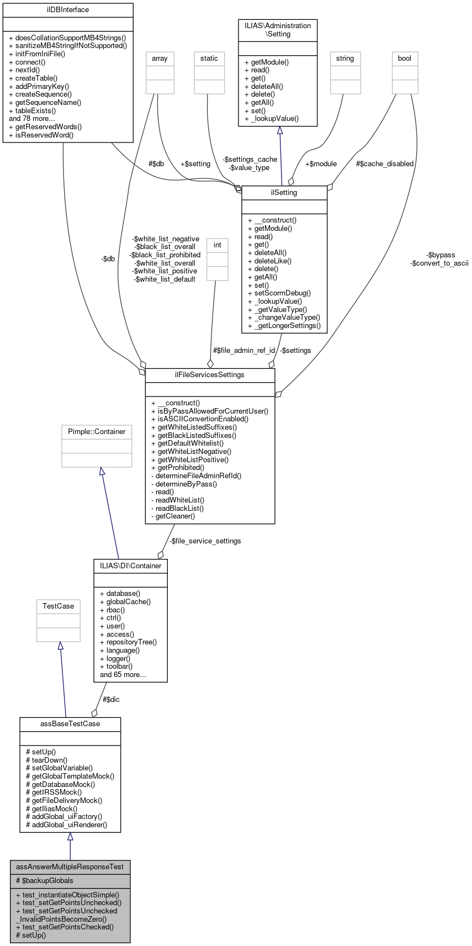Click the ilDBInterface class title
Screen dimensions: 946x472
[68, 10]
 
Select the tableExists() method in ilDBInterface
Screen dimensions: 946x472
[35, 110]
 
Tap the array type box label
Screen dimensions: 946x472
[160, 59]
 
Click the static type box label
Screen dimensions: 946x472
[209, 59]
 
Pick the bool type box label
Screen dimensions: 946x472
[405, 59]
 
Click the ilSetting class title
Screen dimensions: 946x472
[284, 193]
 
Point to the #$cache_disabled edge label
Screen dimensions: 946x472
[385, 164]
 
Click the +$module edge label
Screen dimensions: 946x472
[321, 164]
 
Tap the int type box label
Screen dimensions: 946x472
[218, 245]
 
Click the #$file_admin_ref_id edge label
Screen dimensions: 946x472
[244, 351]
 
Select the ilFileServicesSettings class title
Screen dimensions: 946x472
[210, 375]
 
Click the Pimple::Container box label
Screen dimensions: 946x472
[97, 432]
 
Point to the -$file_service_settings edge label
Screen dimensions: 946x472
[205, 541]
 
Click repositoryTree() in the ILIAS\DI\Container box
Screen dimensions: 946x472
[131, 642]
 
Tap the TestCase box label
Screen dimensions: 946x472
[58, 606]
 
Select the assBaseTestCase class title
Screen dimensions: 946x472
[70, 724]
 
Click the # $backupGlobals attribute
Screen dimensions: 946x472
[45, 880]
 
